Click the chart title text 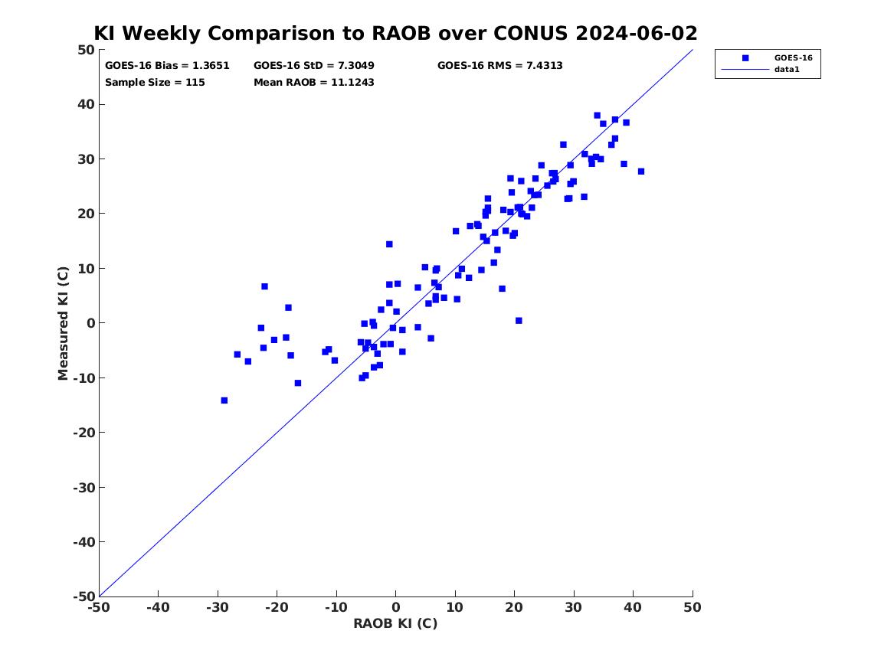[x=395, y=33]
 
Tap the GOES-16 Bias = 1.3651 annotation [x=167, y=66]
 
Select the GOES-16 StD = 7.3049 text [x=313, y=66]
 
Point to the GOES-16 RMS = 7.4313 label [x=500, y=66]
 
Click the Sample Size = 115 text [x=155, y=82]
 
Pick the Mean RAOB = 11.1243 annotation [x=313, y=82]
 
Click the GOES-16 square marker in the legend [x=745, y=57]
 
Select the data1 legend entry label [x=787, y=70]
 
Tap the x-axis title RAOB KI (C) [x=395, y=623]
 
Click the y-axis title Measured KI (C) [x=63, y=323]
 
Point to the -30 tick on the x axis [x=218, y=607]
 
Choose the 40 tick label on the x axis [x=633, y=607]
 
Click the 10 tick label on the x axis [x=454, y=607]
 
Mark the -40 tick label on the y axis [x=84, y=542]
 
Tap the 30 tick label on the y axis [x=86, y=159]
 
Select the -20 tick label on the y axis [x=84, y=433]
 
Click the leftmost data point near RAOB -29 [x=224, y=400]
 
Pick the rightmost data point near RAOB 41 [x=641, y=172]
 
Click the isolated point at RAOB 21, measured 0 [x=519, y=321]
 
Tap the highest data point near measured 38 [x=597, y=116]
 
